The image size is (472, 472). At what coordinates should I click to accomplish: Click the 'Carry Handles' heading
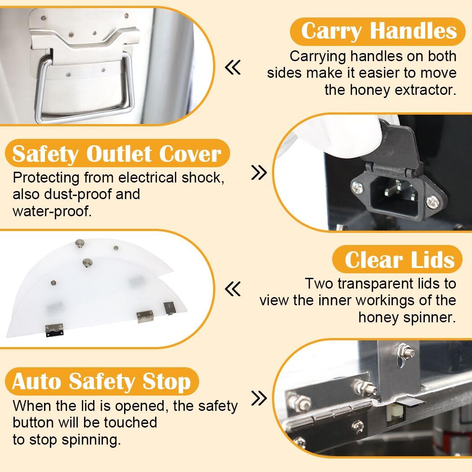tap(378, 31)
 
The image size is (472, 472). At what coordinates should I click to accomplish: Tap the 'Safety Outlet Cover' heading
tap(117, 154)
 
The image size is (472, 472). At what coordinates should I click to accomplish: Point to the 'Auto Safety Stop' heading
tap(102, 382)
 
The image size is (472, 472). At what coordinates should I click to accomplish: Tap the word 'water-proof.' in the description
tap(52, 211)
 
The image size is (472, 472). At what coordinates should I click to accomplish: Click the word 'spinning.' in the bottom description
tap(91, 440)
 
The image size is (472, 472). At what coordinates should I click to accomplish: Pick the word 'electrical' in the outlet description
tap(147, 178)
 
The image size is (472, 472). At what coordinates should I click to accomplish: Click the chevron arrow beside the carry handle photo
tap(233, 67)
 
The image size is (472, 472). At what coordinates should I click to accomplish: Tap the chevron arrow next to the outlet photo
tap(259, 173)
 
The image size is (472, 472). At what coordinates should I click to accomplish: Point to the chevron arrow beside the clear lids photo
tap(233, 289)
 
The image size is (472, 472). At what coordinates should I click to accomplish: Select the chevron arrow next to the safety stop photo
tap(259, 398)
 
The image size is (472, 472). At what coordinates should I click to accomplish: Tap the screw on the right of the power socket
tap(432, 201)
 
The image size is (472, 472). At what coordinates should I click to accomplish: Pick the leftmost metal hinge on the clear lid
tap(54, 330)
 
